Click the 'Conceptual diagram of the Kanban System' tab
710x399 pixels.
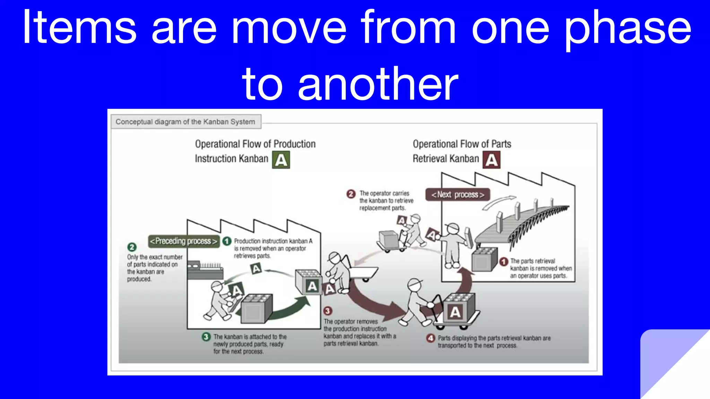185,122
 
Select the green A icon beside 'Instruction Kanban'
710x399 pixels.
281,160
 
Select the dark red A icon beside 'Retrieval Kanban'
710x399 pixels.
491,160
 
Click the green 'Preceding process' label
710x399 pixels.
184,241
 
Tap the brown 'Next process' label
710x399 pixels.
458,195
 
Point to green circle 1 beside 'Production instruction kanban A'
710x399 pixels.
227,241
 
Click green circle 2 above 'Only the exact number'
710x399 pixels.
132,247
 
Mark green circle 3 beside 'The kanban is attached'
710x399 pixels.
206,337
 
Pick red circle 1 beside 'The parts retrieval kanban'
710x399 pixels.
504,261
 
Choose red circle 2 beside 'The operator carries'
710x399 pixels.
351,194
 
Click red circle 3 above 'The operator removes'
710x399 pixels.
328,311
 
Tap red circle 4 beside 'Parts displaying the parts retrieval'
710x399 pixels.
431,338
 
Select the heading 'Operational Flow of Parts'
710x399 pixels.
462,144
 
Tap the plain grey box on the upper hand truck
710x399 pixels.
388,239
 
